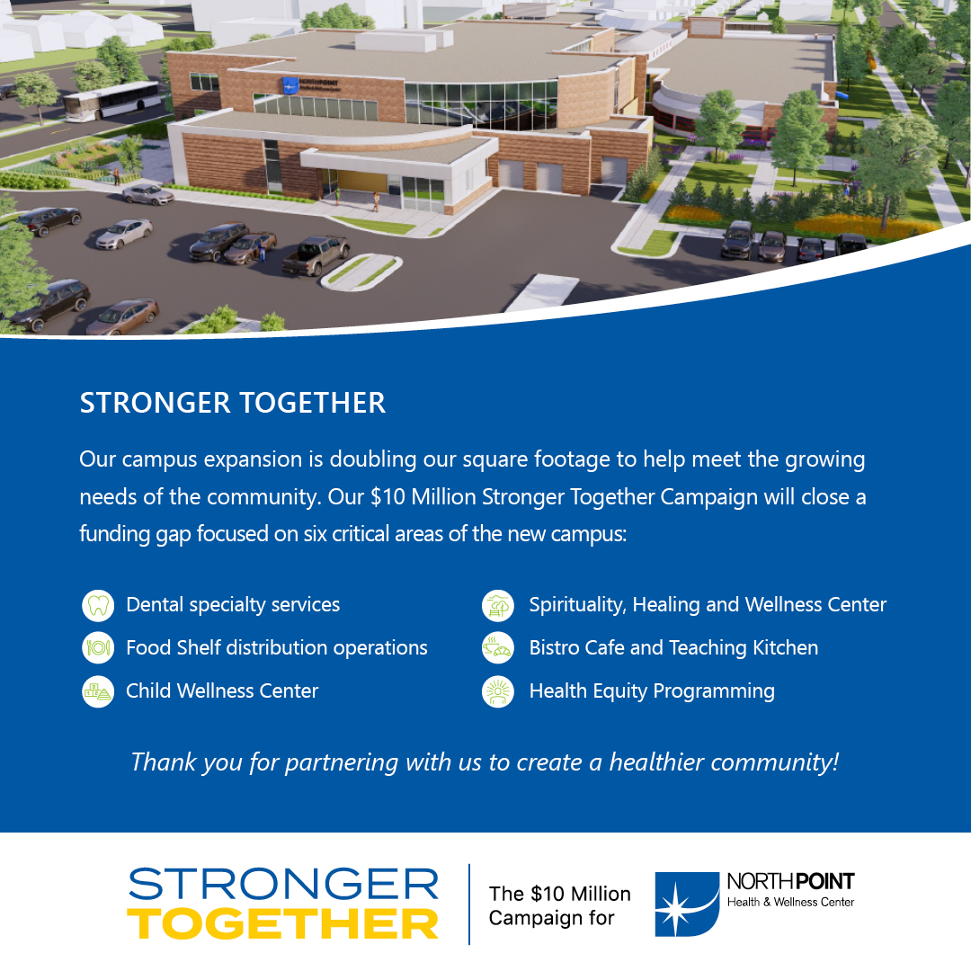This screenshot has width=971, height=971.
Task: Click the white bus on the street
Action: [112, 101]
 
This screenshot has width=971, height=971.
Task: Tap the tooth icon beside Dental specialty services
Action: [98, 605]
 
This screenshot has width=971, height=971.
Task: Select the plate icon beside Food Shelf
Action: [98, 648]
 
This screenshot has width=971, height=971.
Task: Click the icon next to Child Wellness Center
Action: [98, 691]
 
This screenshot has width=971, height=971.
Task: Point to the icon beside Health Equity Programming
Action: [498, 691]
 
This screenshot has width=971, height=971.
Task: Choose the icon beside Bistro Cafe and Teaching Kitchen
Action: [498, 648]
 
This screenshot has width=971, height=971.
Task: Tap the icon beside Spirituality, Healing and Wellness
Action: [498, 605]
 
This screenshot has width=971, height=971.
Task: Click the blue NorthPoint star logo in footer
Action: [687, 904]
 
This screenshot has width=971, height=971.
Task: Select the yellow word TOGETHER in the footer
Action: [283, 924]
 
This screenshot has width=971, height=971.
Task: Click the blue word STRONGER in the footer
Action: [283, 884]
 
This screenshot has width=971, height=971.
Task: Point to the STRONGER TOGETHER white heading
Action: [233, 403]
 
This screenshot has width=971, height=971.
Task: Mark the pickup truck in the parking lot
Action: [316, 254]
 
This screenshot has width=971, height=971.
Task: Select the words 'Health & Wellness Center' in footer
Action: [791, 903]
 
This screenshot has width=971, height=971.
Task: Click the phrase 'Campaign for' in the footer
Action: [551, 918]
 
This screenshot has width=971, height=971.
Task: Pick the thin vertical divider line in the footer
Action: [469, 904]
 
